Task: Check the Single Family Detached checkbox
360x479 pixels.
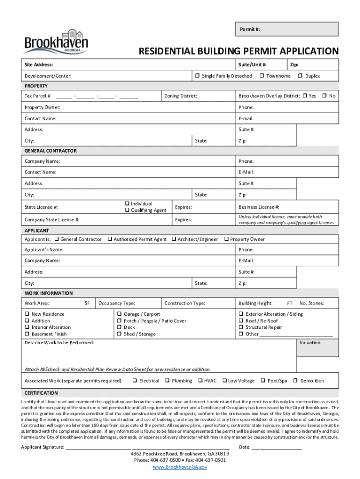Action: click(x=197, y=76)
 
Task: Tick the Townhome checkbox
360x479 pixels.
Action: click(x=262, y=76)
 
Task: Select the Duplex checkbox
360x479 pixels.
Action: click(x=301, y=76)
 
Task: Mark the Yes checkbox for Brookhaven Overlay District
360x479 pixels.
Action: click(x=304, y=96)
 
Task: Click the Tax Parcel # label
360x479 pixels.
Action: click(x=38, y=96)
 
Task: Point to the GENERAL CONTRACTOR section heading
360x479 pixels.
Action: click(x=50, y=151)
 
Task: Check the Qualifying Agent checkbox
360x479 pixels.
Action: click(x=127, y=210)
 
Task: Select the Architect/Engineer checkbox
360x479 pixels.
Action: click(x=173, y=239)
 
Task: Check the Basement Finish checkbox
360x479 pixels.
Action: click(x=27, y=334)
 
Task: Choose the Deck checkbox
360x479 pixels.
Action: click(x=119, y=327)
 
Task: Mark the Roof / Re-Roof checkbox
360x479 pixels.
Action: click(x=241, y=321)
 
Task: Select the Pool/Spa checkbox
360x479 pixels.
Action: click(x=263, y=381)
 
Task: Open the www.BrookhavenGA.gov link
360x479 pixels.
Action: click(x=180, y=467)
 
